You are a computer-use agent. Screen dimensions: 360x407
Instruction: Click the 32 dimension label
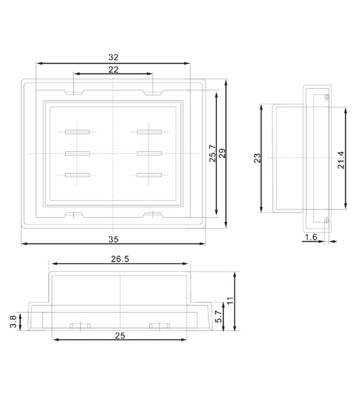pos(113,58)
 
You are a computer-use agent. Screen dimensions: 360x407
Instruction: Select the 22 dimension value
pos(113,70)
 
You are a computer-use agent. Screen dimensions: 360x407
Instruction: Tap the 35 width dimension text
pos(113,239)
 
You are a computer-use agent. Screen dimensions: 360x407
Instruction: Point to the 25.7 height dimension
pos(213,153)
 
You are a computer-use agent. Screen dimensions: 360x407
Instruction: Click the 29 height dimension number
pos(222,153)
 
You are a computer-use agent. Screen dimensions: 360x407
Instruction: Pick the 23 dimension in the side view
pos(257,158)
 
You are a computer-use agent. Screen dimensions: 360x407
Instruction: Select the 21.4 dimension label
pos(341,160)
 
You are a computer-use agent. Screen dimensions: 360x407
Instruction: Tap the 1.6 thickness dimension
pos(311,237)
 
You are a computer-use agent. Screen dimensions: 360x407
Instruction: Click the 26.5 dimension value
pos(120,259)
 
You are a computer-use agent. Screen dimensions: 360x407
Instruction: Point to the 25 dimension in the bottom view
pos(120,336)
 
